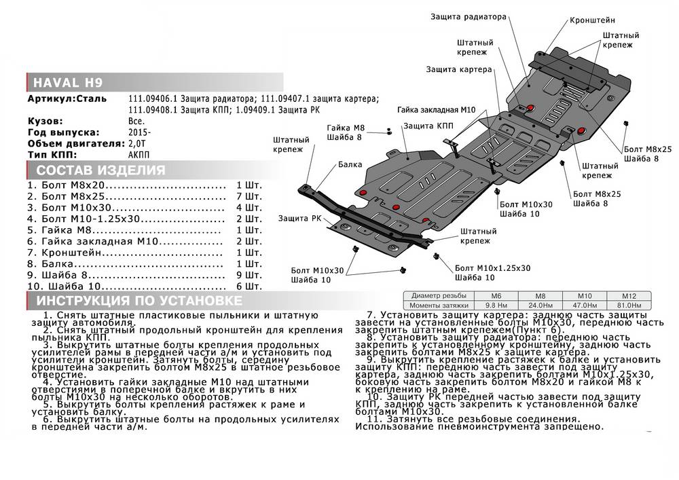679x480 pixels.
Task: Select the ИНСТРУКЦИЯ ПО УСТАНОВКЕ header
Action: [x=128, y=301]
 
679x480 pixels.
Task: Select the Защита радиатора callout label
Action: [x=468, y=16]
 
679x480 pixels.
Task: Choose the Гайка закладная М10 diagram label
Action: [x=435, y=109]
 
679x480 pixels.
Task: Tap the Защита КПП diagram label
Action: [x=428, y=126]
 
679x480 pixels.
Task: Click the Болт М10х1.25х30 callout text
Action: [x=493, y=268]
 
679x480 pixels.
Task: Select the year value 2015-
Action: [x=139, y=132]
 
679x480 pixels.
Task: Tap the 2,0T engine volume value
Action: [x=137, y=143]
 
